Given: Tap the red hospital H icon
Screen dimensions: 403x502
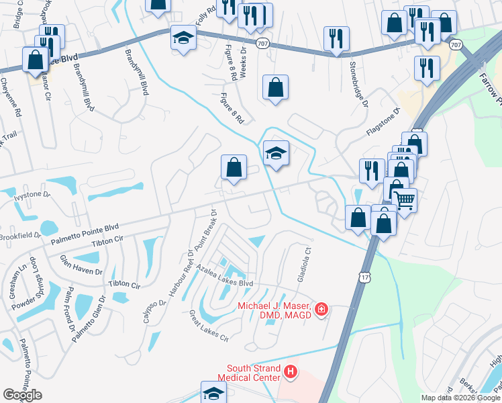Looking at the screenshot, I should pos(290,371).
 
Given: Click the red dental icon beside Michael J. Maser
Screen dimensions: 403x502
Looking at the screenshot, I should pos(322,309).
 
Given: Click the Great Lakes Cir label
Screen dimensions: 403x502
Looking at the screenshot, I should pos(209,325).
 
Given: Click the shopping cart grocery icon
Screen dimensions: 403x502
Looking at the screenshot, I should pos(405,199).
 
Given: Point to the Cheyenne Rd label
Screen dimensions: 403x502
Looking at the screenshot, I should pos(11,97).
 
